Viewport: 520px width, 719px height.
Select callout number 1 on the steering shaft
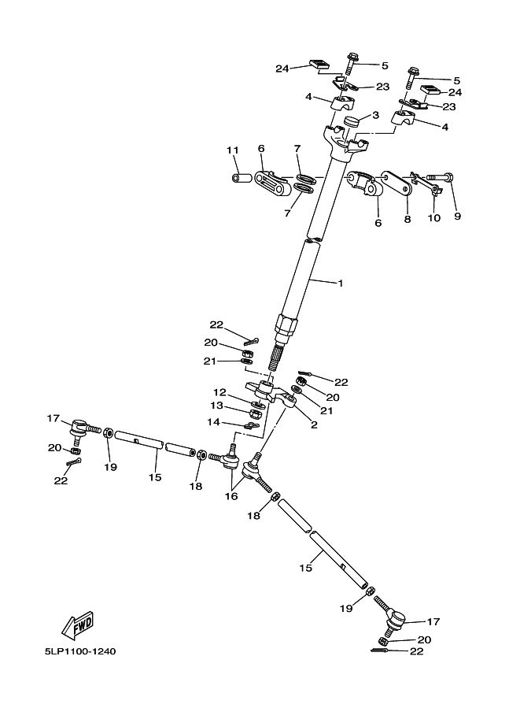click(341, 283)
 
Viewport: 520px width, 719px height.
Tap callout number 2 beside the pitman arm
click(314, 424)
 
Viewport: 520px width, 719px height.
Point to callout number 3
click(376, 115)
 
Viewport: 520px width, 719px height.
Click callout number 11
click(231, 150)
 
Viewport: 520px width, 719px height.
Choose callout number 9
click(458, 217)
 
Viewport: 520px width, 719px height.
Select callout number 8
click(408, 220)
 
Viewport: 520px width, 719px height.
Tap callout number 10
click(433, 219)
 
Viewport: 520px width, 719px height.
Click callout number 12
click(219, 391)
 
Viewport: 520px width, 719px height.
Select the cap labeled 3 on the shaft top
click(349, 122)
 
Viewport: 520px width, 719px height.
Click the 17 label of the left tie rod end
click(53, 418)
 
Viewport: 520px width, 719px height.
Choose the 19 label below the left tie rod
click(110, 467)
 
